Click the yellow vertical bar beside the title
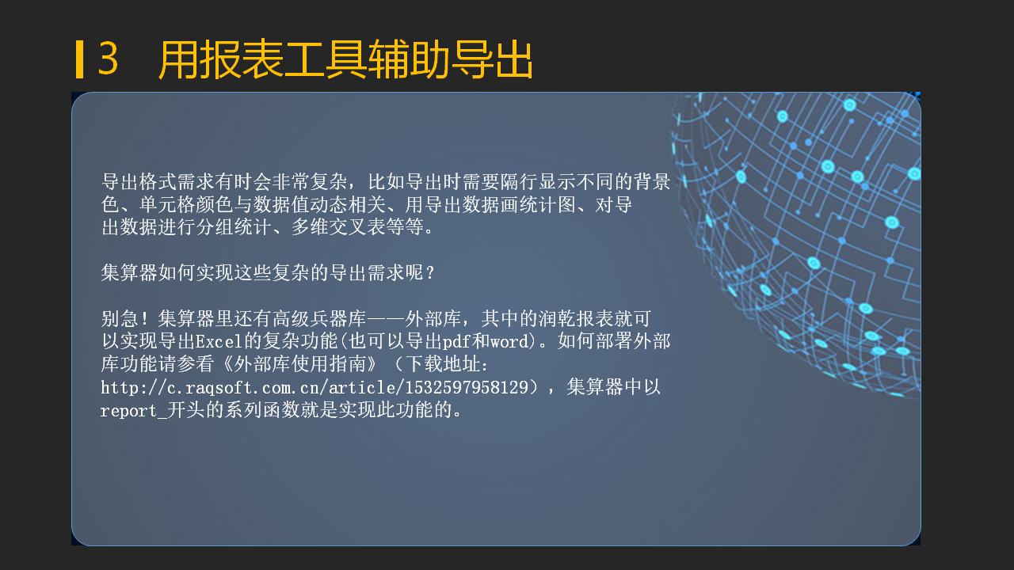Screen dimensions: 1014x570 coord(79,59)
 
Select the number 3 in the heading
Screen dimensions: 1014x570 coord(109,59)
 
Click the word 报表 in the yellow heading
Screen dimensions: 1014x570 coord(242,59)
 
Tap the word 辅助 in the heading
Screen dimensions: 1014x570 coord(410,59)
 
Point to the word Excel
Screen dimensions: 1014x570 coord(219,341)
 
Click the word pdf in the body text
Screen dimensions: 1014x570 coord(456,341)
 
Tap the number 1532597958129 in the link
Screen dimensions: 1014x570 coord(467,388)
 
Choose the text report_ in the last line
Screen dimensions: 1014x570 coord(134,411)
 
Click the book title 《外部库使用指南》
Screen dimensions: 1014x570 coord(300,364)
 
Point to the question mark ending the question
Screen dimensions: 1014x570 coord(430,273)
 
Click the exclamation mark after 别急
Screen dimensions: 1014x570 coord(144,318)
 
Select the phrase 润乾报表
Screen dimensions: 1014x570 coord(576,318)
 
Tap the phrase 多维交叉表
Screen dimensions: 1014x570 coord(338,227)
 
